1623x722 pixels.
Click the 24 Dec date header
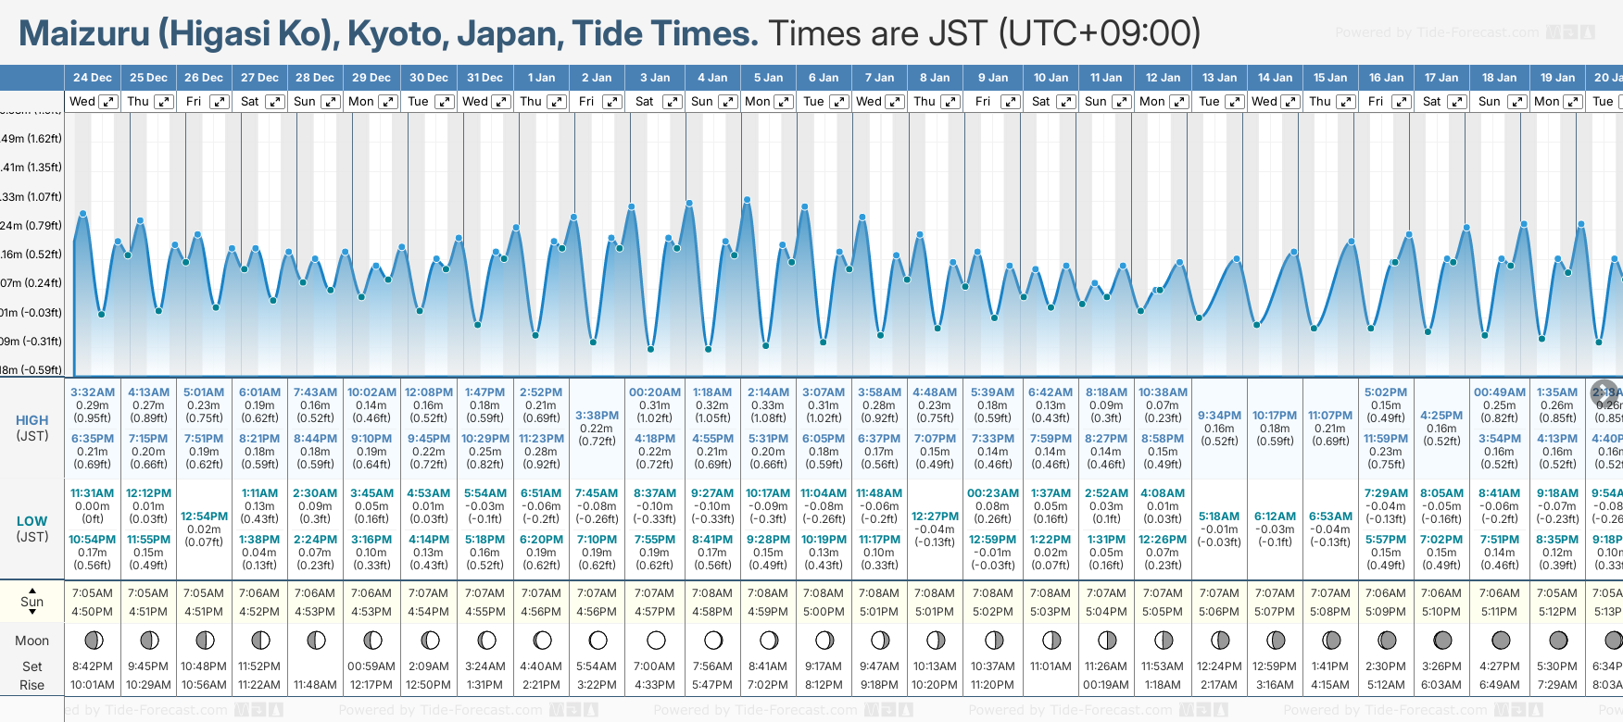pos(93,78)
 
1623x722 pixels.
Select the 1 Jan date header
pos(541,78)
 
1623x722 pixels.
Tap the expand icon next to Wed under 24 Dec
pos(108,102)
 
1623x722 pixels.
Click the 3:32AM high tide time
pos(93,392)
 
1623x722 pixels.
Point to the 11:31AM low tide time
pos(93,493)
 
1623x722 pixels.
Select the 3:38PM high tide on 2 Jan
pos(597,416)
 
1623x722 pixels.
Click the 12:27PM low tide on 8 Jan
pos(935,517)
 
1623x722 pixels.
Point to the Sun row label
pos(32,602)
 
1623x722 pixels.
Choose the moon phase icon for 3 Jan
pos(656,640)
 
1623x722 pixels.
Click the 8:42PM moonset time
pos(93,666)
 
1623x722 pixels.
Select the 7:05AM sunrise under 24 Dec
pos(93,593)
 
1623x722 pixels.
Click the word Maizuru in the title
pos(84,34)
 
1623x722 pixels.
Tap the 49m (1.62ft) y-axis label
pos(31,139)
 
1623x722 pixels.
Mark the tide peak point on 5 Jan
pos(747,199)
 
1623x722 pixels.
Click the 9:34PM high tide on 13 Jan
pos(1219,416)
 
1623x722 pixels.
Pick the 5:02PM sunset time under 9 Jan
pos(992,612)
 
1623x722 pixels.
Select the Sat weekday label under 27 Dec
pos(250,102)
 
